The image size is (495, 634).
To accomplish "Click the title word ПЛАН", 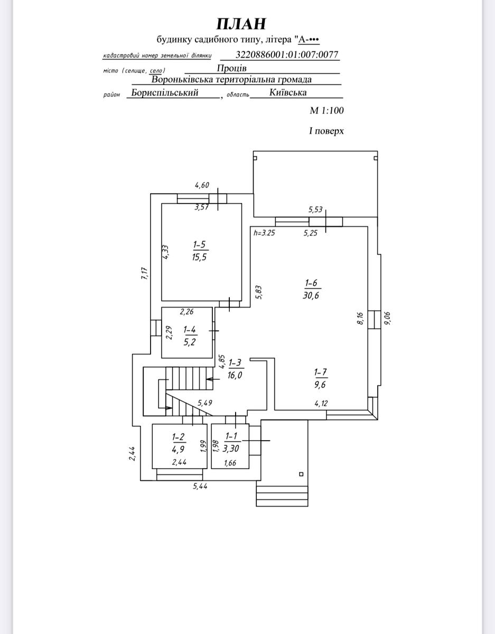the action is click(x=241, y=24).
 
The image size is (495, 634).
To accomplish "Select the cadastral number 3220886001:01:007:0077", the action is click(x=286, y=54).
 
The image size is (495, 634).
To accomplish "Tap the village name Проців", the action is click(x=231, y=68).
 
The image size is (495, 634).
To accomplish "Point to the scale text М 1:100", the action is click(x=326, y=110).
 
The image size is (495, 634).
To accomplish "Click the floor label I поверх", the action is click(x=326, y=130).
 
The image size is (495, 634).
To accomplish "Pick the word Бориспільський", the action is click(x=165, y=92).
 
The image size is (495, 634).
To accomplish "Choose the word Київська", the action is click(x=288, y=92).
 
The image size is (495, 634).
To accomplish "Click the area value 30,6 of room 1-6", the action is click(x=311, y=295).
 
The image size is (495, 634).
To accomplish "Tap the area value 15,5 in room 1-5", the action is click(x=200, y=257).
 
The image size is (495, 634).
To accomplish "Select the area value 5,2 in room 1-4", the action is click(x=189, y=342).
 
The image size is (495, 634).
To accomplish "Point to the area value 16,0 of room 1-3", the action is click(x=235, y=375).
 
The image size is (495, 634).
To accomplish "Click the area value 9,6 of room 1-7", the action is click(x=320, y=385).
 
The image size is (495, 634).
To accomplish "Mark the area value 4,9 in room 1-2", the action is click(x=178, y=449).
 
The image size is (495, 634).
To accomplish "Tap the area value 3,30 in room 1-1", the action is click(x=230, y=449).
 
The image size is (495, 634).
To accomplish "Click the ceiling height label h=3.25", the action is click(x=264, y=233).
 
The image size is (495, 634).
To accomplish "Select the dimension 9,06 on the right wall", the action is click(x=387, y=318).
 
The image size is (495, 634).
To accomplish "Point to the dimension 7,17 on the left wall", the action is click(x=145, y=274).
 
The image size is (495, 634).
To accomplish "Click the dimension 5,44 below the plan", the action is click(x=200, y=486).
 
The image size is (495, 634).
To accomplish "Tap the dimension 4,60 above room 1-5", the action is click(x=202, y=185).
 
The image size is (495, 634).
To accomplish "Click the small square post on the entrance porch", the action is click(x=301, y=474).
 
